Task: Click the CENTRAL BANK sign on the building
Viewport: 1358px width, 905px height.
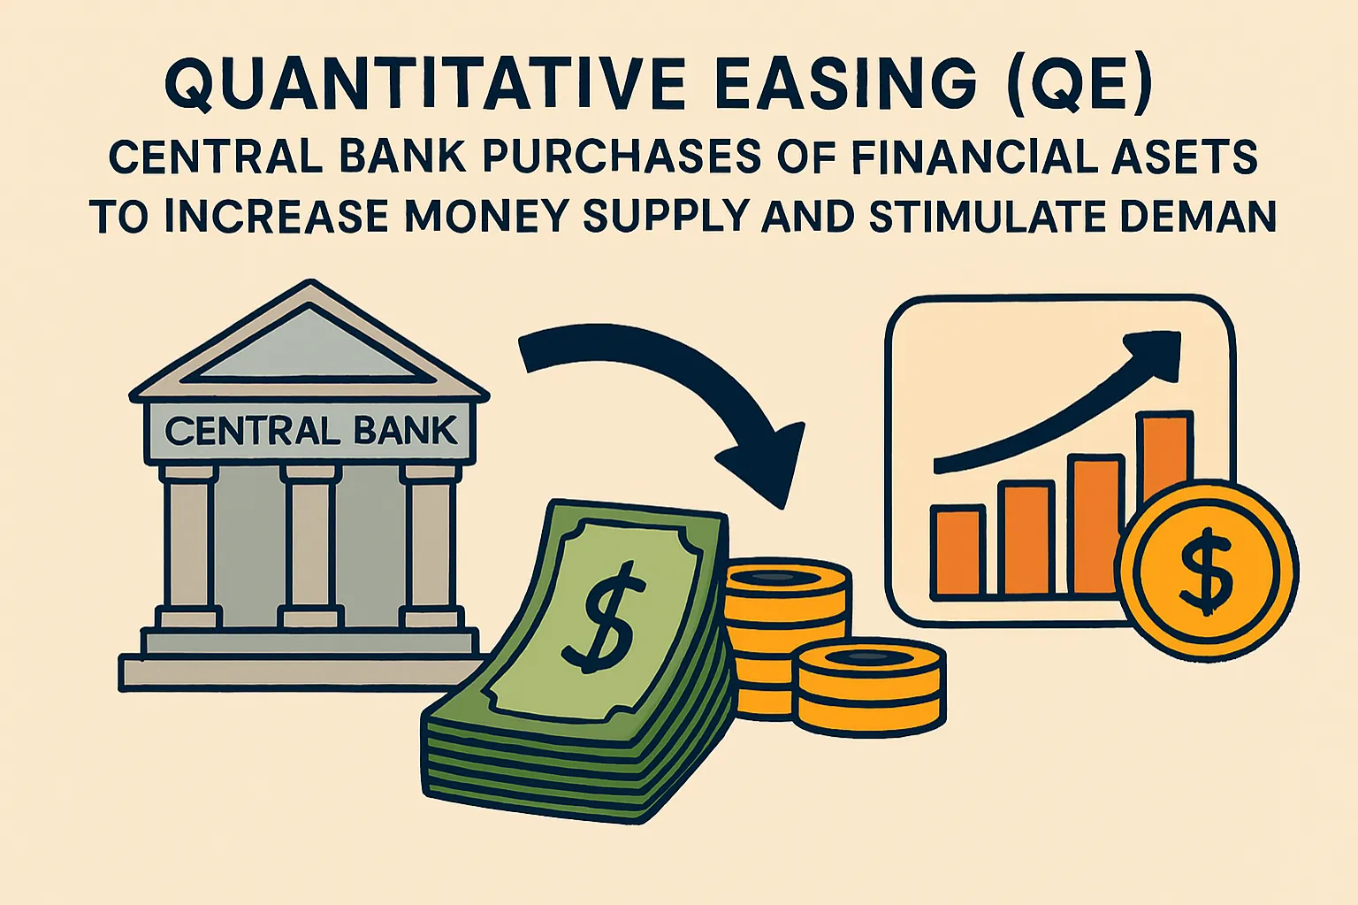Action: click(x=310, y=431)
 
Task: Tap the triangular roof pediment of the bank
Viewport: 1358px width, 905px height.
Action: click(x=309, y=348)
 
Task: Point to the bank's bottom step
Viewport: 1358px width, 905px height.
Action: click(x=301, y=673)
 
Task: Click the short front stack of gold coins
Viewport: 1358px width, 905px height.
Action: click(x=868, y=690)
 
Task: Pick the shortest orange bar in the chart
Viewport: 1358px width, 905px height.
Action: click(x=958, y=550)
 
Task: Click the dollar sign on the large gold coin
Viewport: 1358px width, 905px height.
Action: click(x=1206, y=571)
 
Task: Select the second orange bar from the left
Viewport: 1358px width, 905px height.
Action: click(x=1026, y=538)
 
